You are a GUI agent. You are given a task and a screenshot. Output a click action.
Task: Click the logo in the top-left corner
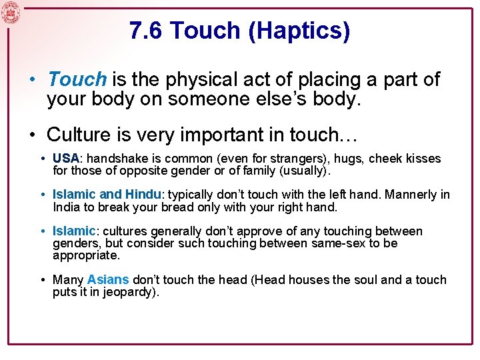coord(11,12)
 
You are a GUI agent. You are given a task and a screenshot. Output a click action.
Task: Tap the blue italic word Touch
coord(77,80)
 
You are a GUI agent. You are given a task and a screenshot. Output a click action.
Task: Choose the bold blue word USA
coord(65,159)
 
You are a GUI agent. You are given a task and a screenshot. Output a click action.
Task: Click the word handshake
coord(115,159)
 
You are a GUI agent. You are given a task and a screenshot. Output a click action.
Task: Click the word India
coord(67,207)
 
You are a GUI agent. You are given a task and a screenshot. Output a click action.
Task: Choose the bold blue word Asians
coord(108,280)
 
